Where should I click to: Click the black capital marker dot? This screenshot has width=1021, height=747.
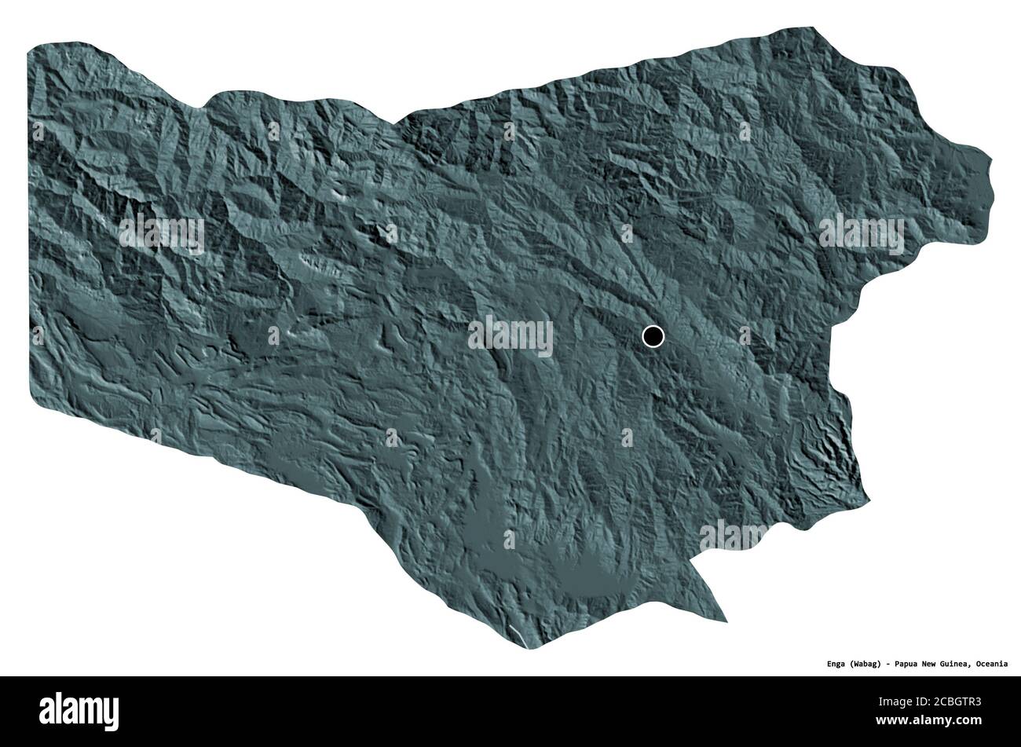click(x=653, y=336)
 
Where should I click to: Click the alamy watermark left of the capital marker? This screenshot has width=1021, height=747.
click(x=510, y=336)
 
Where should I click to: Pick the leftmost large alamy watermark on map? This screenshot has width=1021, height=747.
click(x=161, y=233)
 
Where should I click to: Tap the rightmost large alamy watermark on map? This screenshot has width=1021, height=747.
click(x=861, y=233)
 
